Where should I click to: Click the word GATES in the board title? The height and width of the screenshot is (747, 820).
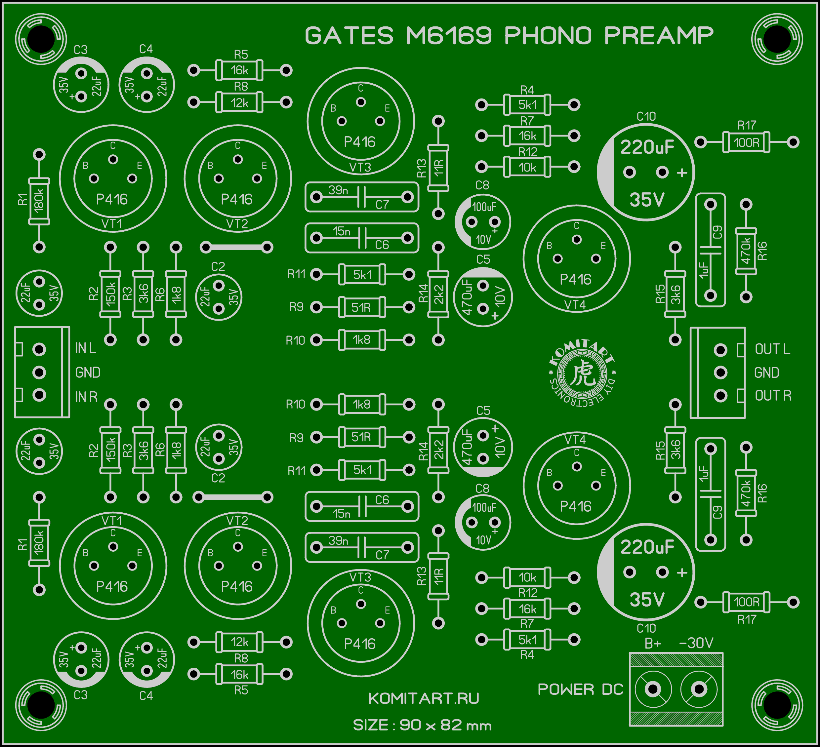pyautogui.click(x=349, y=35)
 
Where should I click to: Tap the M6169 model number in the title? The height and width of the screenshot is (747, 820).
pyautogui.click(x=449, y=35)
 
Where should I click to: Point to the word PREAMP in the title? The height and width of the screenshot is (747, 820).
pyautogui.click(x=659, y=35)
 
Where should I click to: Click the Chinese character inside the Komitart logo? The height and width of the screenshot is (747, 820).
pyautogui.click(x=582, y=373)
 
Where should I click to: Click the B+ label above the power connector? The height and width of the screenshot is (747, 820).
pyautogui.click(x=653, y=643)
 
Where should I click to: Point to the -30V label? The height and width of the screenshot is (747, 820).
pyautogui.click(x=696, y=643)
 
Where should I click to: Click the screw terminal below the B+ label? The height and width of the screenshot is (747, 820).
pyautogui.click(x=653, y=689)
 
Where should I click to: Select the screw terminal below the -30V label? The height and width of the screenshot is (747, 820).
pyautogui.click(x=699, y=689)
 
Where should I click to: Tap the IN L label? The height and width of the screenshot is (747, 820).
pyautogui.click(x=85, y=348)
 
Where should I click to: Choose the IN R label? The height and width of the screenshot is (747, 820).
pyautogui.click(x=86, y=397)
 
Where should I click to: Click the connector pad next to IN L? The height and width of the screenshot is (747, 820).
pyautogui.click(x=39, y=349)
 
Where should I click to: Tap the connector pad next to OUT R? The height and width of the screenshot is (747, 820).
pyautogui.click(x=720, y=395)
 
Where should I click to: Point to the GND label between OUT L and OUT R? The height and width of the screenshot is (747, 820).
pyautogui.click(x=767, y=373)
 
